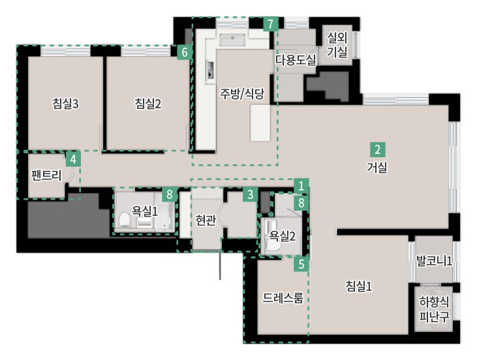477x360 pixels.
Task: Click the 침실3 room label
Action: coord(65,104)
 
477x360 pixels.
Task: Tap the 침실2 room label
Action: coord(148,104)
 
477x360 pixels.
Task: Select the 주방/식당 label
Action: coord(243,94)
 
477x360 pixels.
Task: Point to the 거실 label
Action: coord(377,167)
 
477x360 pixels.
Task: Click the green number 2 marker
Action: coord(378,149)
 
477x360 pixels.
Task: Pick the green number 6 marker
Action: coord(185,52)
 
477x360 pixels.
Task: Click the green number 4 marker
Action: coord(73,159)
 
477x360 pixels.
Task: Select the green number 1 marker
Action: coord(301,185)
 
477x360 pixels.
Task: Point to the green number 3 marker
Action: coord(251,194)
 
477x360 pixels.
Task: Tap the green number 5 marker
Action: coord(301,264)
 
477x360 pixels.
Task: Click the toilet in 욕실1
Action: coord(125,220)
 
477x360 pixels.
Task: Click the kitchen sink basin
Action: coord(232,40)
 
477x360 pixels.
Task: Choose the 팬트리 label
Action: coord(46,175)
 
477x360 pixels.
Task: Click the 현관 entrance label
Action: coord(206,220)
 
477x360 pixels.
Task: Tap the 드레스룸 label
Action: coord(283,298)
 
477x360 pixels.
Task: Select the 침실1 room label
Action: coord(359,286)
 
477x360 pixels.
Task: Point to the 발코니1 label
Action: coord(434,261)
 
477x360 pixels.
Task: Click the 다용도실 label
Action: coord(296,60)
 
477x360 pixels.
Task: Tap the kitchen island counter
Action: coord(260,123)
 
